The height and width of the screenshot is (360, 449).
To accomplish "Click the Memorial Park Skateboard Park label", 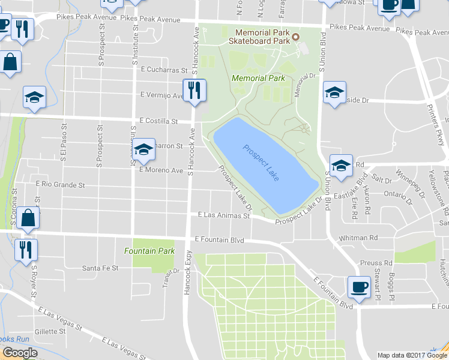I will pos(259,37).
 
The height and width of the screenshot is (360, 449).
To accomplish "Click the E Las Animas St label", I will pos(224,215).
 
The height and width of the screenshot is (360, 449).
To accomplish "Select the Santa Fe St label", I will pos(100,268).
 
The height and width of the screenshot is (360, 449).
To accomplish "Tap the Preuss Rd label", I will pos(376,263).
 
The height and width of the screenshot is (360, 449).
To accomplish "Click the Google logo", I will pos(20,353).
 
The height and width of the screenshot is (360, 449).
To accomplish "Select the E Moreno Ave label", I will pos(161,170).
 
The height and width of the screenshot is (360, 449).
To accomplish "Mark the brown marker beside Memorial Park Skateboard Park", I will pos(296,38).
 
